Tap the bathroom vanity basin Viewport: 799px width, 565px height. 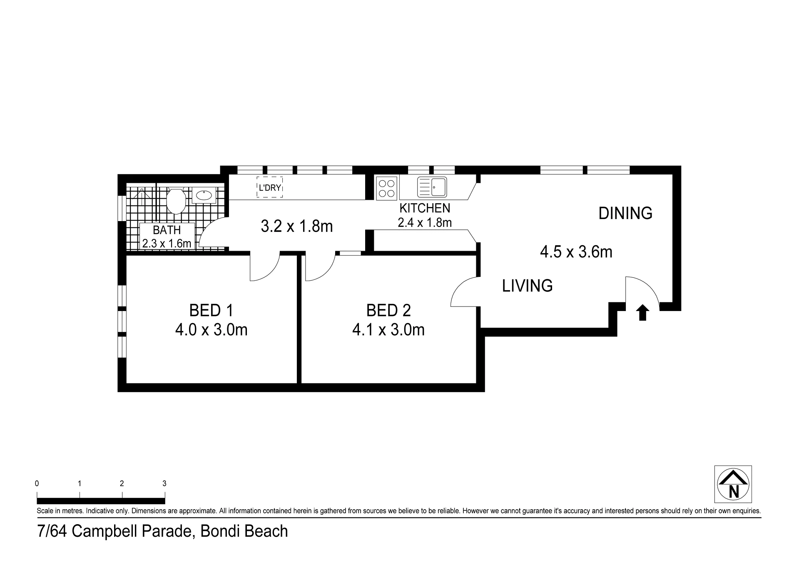pos(204,195)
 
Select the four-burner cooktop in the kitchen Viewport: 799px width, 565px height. pos(387,188)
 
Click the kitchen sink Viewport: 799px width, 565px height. pos(432,187)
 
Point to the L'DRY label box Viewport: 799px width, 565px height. pos(269,187)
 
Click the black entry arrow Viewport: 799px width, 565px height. pos(642,312)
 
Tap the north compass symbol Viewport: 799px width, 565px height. pos(733,484)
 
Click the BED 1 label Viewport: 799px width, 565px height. pos(211,311)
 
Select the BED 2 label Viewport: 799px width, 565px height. pos(388,311)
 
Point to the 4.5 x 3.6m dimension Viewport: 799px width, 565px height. pos(576,252)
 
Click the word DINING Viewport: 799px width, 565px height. pos(625,213)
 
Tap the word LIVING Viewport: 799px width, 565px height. pos(527,286)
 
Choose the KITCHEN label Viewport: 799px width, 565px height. pos(425,208)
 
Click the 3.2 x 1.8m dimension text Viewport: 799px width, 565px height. pos(296,226)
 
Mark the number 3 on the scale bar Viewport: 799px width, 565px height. pos(164,484)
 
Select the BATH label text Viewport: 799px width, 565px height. pos(167,230)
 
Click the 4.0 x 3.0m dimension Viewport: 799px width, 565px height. pos(211,330)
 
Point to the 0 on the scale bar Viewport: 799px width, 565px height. pos(37,484)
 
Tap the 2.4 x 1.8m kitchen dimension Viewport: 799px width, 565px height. pos(425,223)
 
